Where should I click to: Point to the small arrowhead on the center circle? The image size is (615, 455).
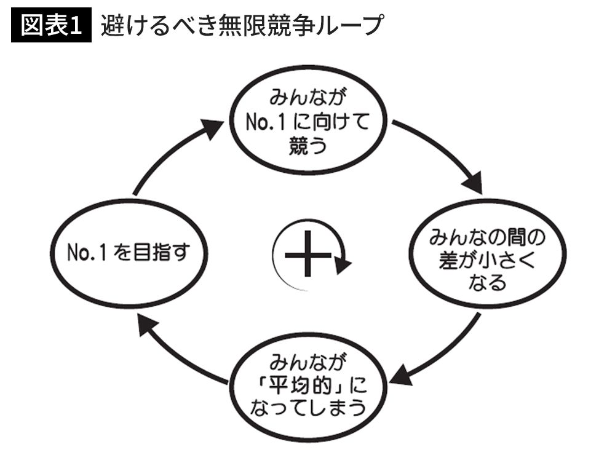[343, 265]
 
